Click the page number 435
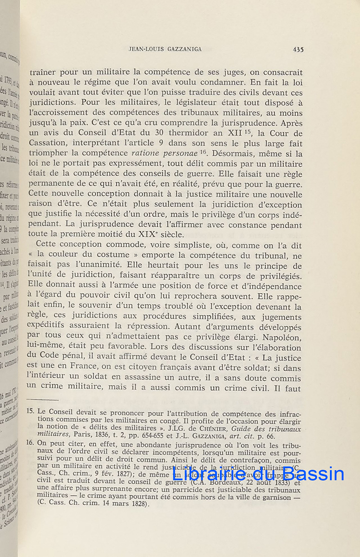298,49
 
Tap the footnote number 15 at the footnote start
30,411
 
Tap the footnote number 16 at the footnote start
30,443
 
